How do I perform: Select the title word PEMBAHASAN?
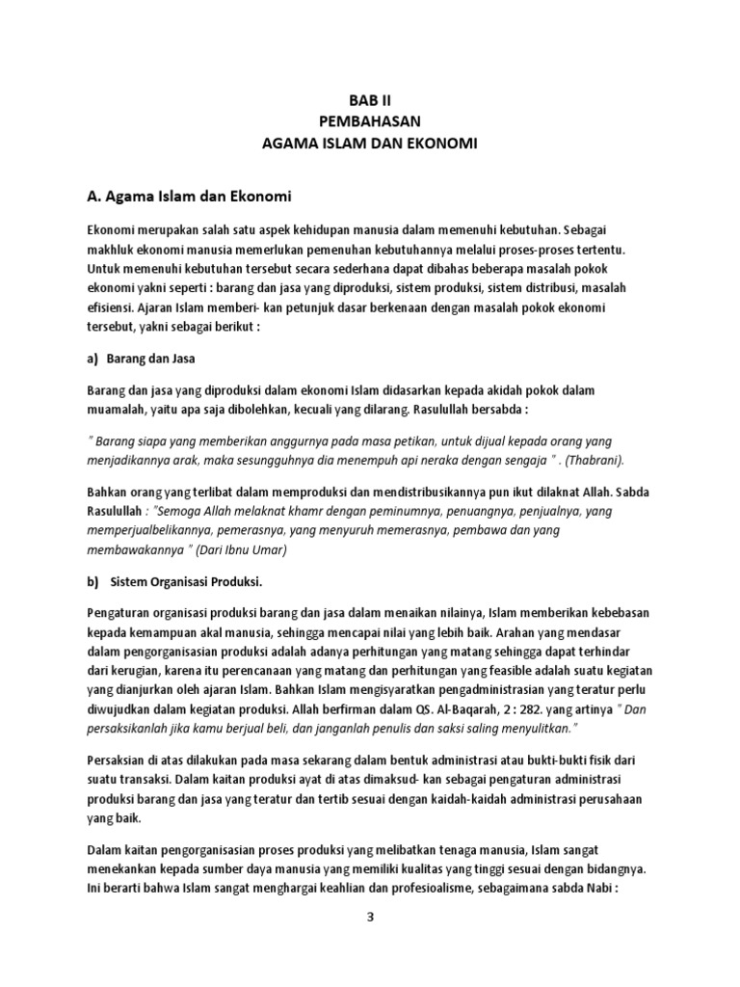pyautogui.click(x=370, y=121)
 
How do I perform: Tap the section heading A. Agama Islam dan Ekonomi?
pyautogui.click(x=190, y=197)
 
